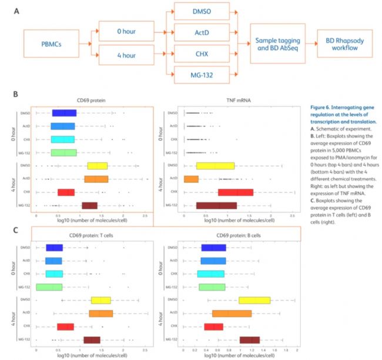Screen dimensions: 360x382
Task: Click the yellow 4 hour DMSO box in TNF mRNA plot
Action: [215, 165]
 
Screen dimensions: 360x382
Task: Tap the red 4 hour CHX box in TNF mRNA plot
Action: [235, 192]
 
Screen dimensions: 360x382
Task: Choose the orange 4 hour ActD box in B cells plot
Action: [232, 313]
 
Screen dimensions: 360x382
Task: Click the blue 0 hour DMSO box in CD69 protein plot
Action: [64, 113]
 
